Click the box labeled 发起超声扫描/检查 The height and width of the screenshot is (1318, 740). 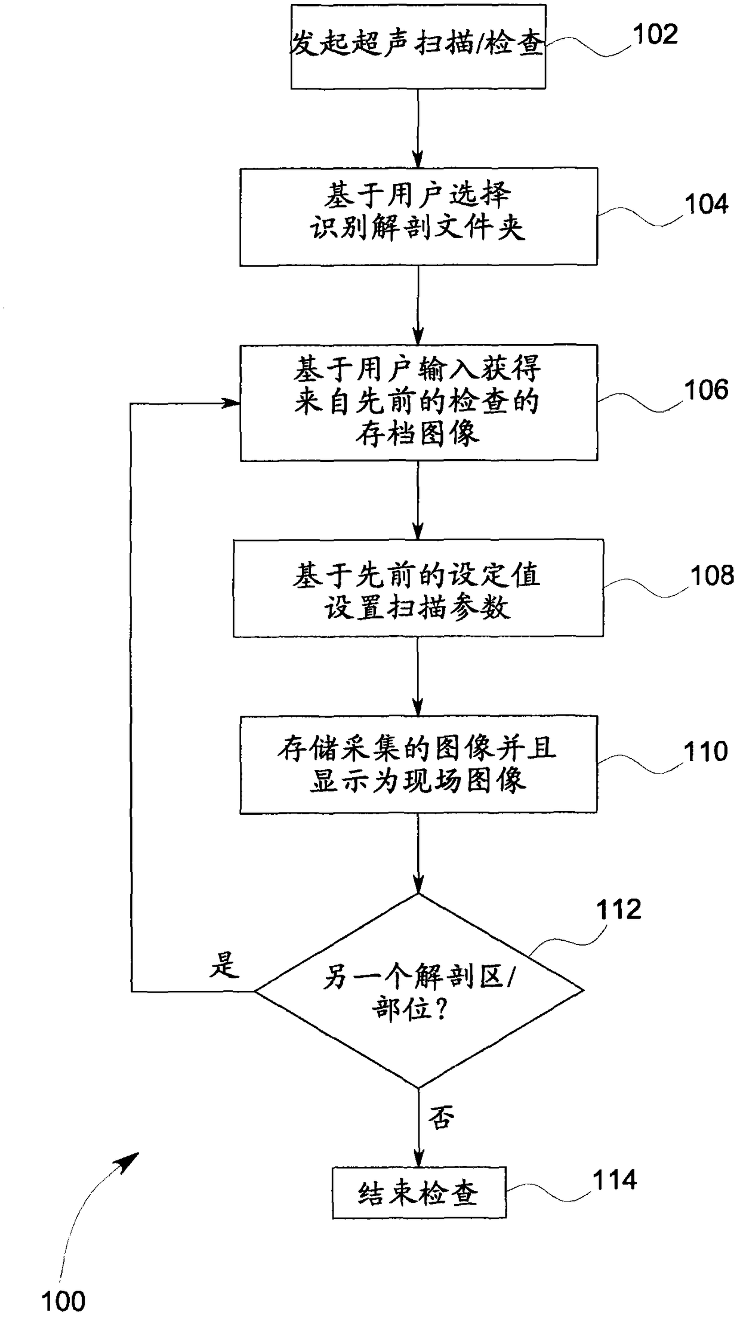point(418,47)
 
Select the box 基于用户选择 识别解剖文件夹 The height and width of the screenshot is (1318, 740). point(418,216)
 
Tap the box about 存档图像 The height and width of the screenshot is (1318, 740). point(418,402)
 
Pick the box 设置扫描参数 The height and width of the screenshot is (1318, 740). point(418,588)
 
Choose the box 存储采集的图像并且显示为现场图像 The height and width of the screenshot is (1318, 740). point(418,764)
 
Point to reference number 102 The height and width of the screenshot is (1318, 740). point(655,35)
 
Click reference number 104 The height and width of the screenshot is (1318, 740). point(706,204)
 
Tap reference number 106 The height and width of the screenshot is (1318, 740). point(706,390)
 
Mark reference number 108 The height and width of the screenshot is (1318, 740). point(712,575)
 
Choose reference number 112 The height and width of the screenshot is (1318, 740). point(618,909)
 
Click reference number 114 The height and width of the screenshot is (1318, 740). point(614,1180)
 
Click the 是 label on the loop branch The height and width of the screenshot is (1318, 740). point(224,965)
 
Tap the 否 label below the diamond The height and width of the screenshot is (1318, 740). point(442,1117)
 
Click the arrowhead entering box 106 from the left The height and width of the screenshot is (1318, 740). point(232,404)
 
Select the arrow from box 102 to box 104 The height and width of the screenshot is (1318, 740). point(418,128)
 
